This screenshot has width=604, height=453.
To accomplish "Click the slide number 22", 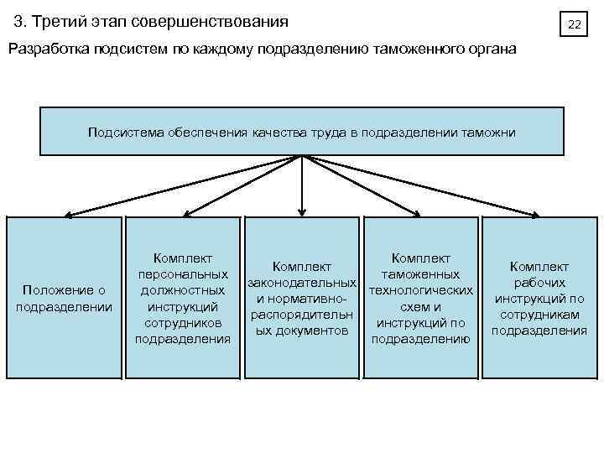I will [574, 24].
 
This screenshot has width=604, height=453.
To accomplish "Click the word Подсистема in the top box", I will [127, 132].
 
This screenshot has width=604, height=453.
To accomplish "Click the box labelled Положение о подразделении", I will [64, 298].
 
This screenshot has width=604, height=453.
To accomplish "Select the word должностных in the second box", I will [183, 289].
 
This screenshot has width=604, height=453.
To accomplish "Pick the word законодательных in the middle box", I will [302, 283].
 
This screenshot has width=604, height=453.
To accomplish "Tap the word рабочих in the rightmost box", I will [539, 283].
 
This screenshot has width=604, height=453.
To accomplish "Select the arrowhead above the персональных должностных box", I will [186, 211].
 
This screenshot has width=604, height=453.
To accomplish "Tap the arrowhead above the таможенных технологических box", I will [418, 211].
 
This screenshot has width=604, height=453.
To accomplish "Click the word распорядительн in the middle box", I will [302, 315].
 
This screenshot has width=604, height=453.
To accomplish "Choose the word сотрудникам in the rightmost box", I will [539, 314].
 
